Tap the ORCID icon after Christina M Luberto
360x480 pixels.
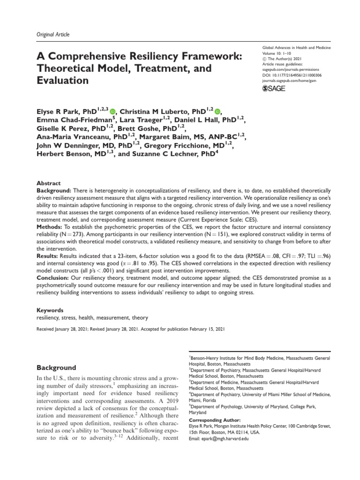point(216,112)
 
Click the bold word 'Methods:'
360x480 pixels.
point(50,220)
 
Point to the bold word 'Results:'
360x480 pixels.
point(49,256)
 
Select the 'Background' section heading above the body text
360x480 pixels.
point(58,367)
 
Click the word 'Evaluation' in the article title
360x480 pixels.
point(62,81)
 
